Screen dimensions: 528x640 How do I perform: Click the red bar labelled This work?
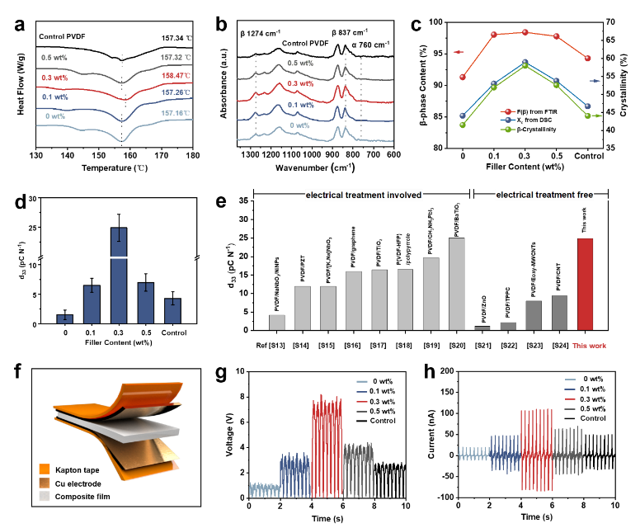(585, 284)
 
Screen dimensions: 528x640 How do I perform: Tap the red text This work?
(589, 346)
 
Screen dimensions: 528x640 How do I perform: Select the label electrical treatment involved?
(364, 196)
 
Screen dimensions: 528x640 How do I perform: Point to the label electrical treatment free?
(544, 195)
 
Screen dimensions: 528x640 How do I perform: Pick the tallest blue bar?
(119, 275)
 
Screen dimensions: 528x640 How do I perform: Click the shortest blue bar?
(64, 318)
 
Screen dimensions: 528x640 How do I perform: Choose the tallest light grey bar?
(456, 284)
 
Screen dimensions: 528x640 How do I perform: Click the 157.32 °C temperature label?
(176, 58)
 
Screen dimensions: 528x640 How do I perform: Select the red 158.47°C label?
(176, 76)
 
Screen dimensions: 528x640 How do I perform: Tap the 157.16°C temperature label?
(176, 112)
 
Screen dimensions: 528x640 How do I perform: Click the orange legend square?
(45, 469)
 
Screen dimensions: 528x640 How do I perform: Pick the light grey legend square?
(45, 496)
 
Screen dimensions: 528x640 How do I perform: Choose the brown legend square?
(45, 483)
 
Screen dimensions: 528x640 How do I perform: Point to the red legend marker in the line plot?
(508, 111)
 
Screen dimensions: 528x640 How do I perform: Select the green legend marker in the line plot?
(508, 130)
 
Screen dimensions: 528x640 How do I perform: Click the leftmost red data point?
(463, 77)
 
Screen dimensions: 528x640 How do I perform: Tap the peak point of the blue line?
(525, 62)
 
